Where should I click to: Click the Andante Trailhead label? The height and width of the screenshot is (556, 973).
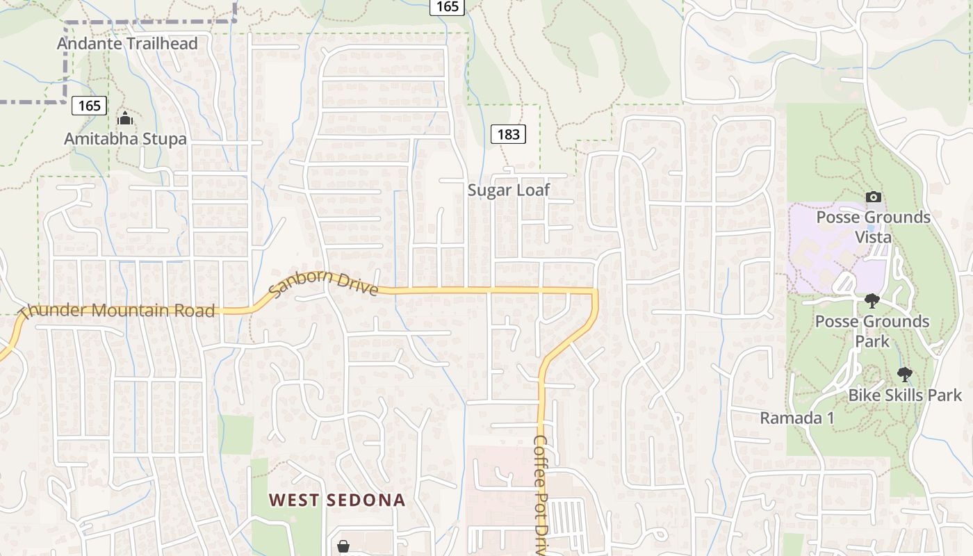point(127,44)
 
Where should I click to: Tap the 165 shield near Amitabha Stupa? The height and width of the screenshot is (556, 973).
point(89,106)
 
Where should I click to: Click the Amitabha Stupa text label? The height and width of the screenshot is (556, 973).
point(125,139)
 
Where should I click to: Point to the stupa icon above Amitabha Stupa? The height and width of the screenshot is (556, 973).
point(125,118)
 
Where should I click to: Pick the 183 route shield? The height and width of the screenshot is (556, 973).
point(509,134)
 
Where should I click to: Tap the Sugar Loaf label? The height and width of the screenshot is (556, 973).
point(508,190)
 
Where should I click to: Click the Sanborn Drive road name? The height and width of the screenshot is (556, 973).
point(323,284)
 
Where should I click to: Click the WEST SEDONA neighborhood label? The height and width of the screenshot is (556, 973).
point(337,500)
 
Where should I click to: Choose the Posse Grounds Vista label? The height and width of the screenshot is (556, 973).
point(873,227)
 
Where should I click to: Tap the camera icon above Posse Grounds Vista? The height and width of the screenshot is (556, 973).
point(874,197)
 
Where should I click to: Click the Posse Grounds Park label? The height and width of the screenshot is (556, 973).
point(872,332)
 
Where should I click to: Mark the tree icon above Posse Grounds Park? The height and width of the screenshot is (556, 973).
point(872,301)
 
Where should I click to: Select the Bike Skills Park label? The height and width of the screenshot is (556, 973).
point(905,395)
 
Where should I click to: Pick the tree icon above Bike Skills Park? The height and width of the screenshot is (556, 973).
point(904,375)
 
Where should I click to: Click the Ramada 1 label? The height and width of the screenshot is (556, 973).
point(796,418)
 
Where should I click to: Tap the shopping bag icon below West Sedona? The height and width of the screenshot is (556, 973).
point(343,547)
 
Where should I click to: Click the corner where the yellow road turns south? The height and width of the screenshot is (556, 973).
point(596,291)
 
